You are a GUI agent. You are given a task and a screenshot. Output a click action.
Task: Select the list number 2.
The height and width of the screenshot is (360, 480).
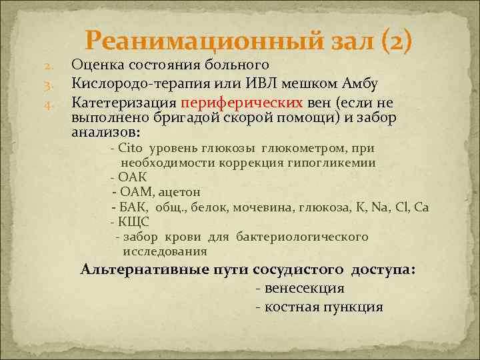click(48, 67)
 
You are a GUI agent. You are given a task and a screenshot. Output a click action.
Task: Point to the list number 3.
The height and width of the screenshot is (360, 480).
click(48, 85)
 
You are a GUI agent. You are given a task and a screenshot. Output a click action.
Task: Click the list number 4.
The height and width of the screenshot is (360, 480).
click(48, 103)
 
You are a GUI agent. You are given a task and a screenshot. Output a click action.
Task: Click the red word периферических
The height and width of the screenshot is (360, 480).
click(241, 103)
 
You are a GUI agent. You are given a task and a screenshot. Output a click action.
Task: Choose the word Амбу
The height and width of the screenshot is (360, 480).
click(361, 84)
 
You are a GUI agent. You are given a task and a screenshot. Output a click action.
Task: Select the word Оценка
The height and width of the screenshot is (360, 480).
click(97, 65)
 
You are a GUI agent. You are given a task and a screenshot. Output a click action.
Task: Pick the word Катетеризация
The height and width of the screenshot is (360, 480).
click(124, 103)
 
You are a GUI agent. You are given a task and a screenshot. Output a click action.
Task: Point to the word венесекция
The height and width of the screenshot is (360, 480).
click(304, 289)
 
